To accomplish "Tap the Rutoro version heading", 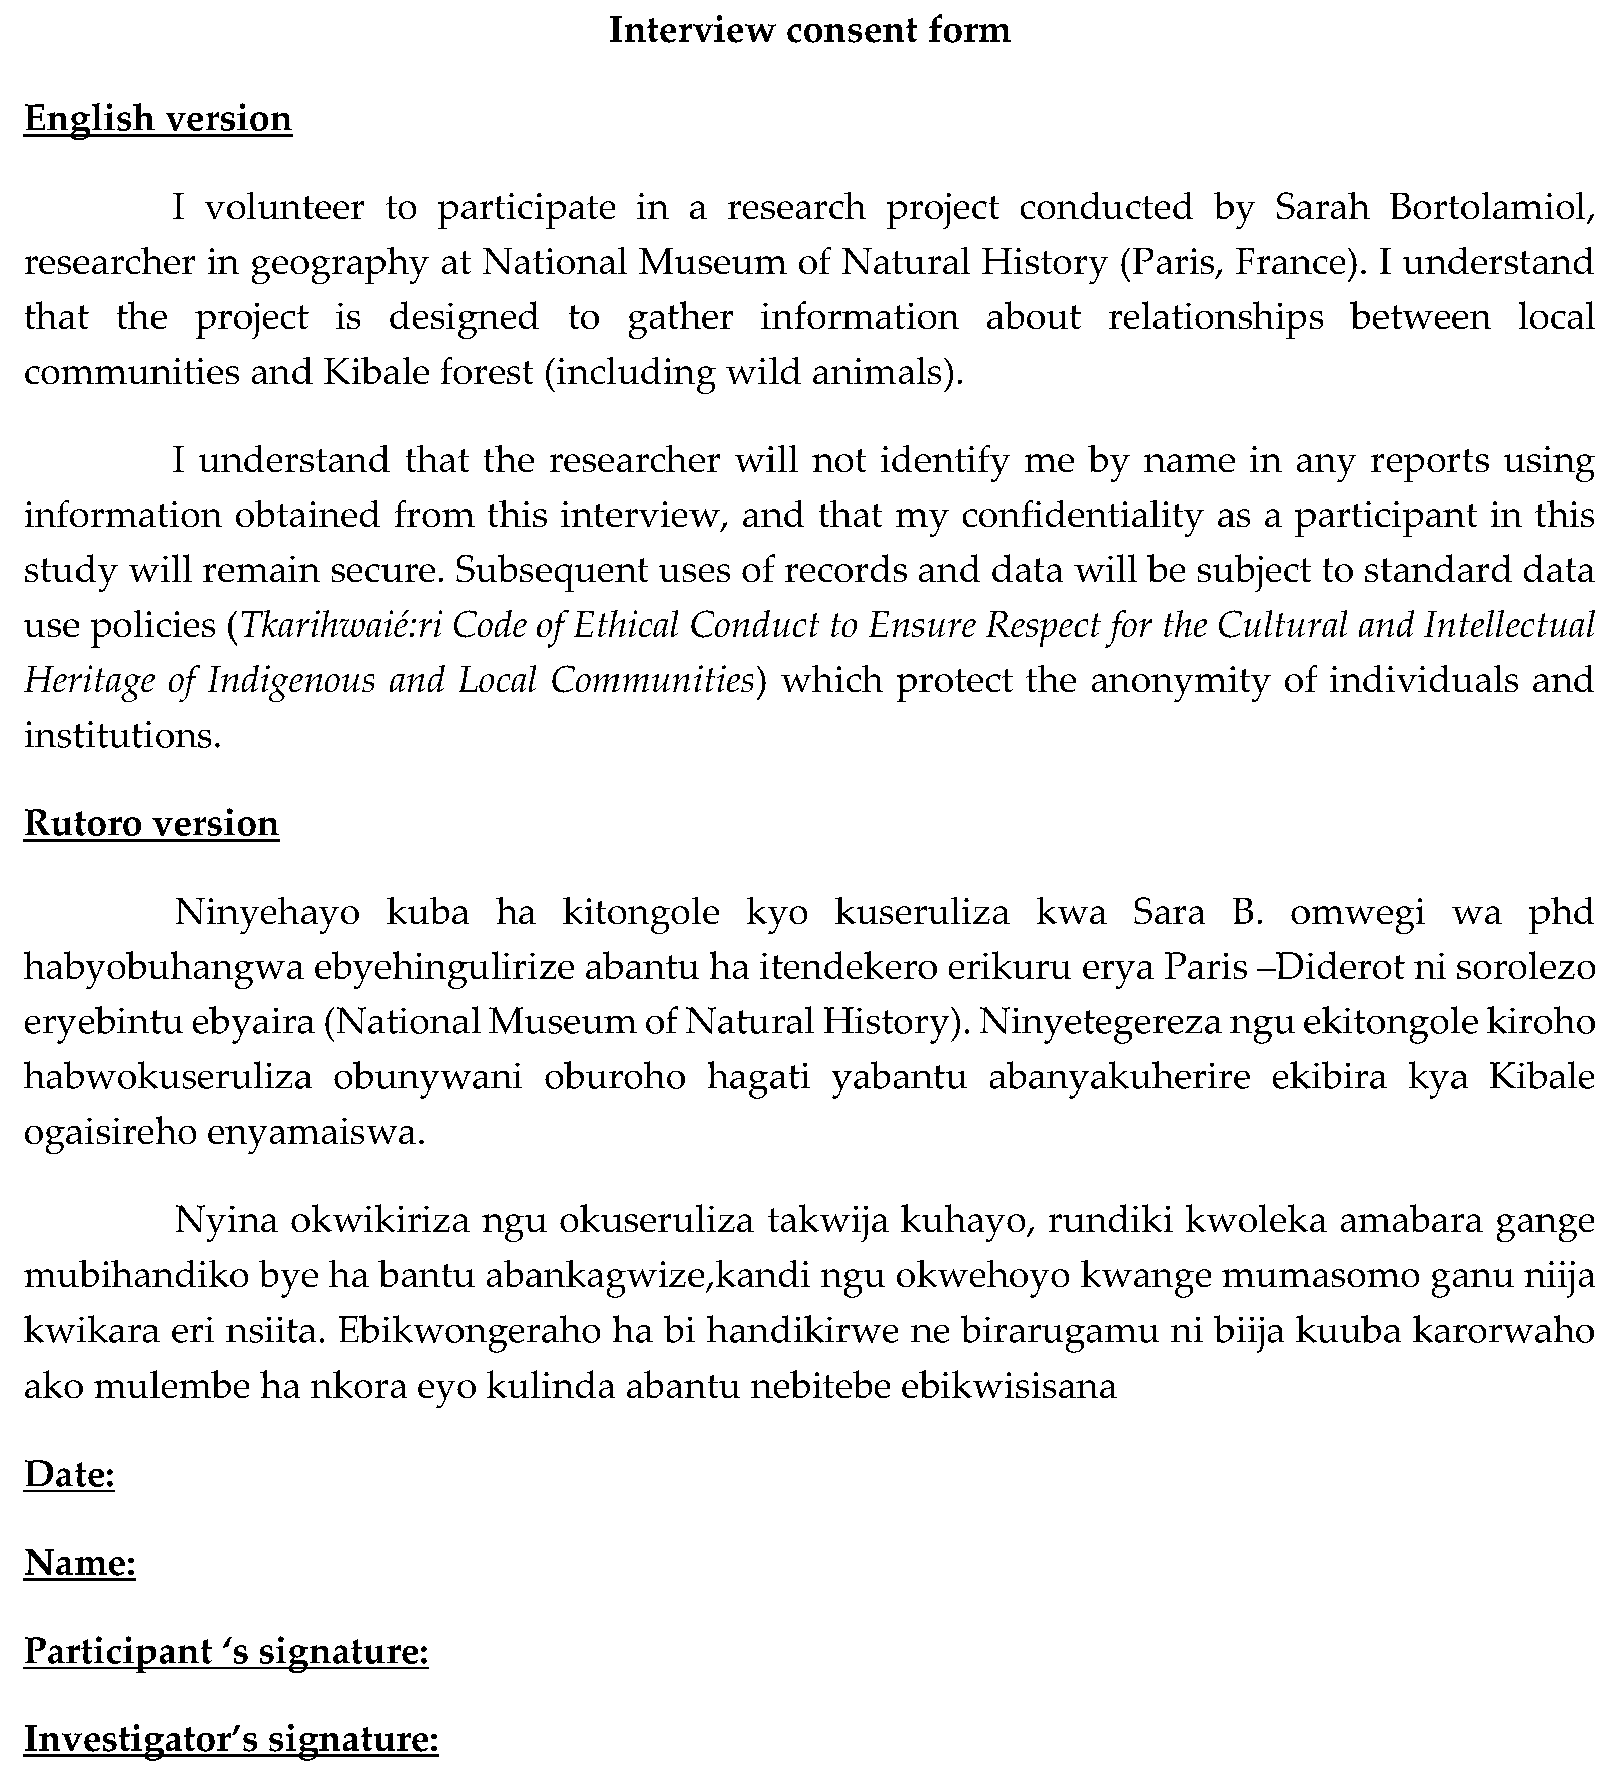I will (x=151, y=823).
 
